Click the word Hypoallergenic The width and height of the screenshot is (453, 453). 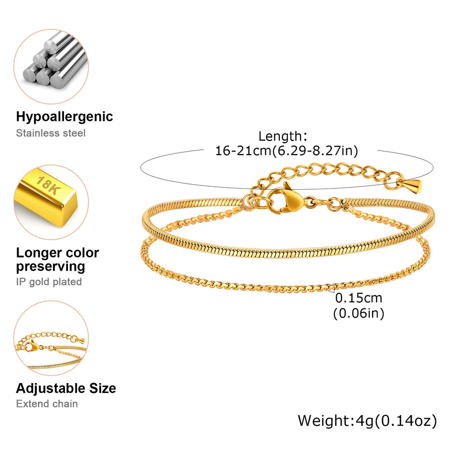[64, 117]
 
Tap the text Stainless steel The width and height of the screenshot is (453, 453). [51, 133]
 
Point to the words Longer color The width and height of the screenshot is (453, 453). [57, 253]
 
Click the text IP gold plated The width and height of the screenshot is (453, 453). [49, 282]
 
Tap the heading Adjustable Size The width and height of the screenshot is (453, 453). [66, 388]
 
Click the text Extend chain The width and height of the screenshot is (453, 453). [47, 404]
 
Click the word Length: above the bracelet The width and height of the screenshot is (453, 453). [282, 136]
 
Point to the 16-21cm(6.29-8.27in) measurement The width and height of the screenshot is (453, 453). [286, 151]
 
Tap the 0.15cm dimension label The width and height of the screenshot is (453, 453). [358, 298]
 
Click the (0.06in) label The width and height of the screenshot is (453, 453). [358, 314]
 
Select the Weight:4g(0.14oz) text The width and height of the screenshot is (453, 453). [367, 421]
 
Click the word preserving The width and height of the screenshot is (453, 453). [50, 267]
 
